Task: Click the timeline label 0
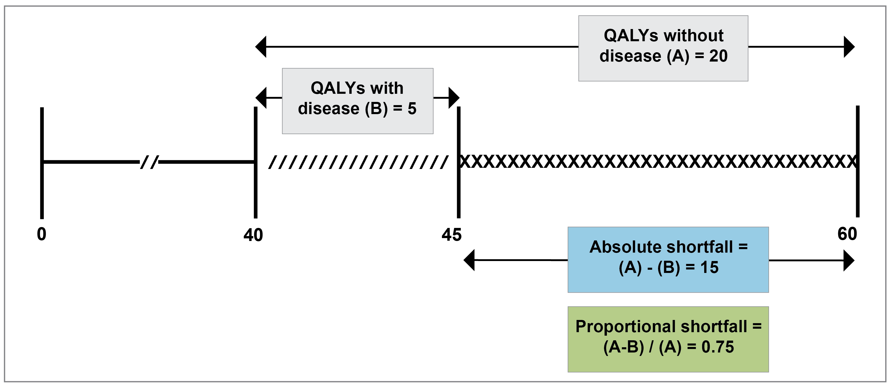pyautogui.click(x=42, y=234)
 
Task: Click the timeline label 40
pyautogui.click(x=253, y=235)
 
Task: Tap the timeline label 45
pyautogui.click(x=451, y=235)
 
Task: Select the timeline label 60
pyautogui.click(x=847, y=234)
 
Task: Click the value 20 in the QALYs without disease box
pyautogui.click(x=718, y=56)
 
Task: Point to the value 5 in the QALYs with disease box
pyautogui.click(x=412, y=109)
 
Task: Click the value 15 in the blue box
pyautogui.click(x=709, y=267)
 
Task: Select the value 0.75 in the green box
pyautogui.click(x=718, y=347)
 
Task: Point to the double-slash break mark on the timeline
pyautogui.click(x=149, y=162)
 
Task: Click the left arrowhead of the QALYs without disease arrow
pyautogui.click(x=261, y=46)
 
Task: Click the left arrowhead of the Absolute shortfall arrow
pyautogui.click(x=469, y=260)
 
